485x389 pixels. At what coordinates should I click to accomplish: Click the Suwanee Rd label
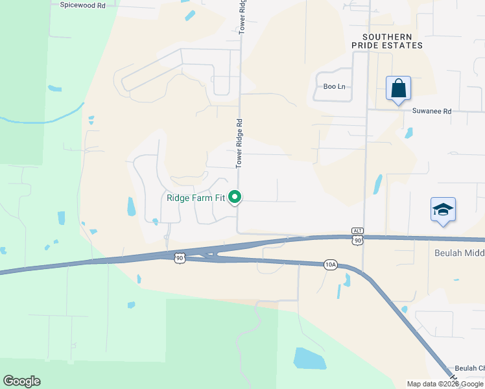click(431, 111)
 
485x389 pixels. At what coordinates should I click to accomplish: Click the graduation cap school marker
click(443, 209)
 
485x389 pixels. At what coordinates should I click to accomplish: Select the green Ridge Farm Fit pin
click(236, 196)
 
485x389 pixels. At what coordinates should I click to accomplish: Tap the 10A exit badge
click(331, 264)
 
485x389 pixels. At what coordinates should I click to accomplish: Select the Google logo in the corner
click(21, 381)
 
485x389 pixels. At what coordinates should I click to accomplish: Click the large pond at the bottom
click(309, 359)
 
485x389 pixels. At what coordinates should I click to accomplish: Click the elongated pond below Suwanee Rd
click(377, 185)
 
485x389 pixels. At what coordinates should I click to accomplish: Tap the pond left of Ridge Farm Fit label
click(132, 206)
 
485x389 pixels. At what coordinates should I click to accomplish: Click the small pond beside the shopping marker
click(408, 133)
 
